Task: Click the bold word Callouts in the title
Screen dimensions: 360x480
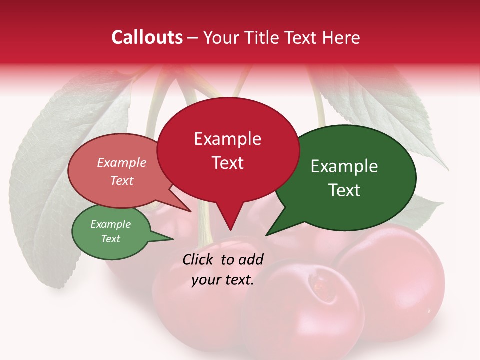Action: [147, 37]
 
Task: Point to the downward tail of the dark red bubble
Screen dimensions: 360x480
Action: [229, 220]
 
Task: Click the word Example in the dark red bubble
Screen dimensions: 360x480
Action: [227, 139]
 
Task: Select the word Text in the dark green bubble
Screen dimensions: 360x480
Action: [344, 190]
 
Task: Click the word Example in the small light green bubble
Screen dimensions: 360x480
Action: [110, 224]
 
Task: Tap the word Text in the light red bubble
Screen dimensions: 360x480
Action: [122, 181]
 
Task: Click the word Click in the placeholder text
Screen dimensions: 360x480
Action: [198, 259]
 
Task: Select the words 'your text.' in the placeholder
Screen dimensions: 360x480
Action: [223, 280]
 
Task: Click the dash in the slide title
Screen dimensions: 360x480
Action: [193, 38]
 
